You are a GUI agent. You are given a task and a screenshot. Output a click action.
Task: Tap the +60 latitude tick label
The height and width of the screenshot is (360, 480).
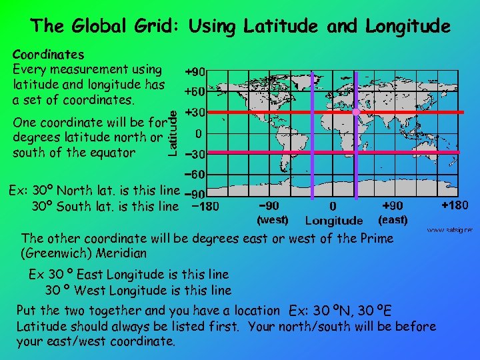(195, 91)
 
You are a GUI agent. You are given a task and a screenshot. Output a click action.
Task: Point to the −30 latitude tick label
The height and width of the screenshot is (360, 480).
(195, 154)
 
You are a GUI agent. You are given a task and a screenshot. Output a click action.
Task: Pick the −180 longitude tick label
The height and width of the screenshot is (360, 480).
(203, 207)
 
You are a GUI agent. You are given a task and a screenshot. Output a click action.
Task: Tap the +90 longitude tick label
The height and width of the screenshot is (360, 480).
(391, 207)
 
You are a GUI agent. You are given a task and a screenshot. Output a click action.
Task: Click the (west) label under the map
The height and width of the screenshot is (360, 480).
(272, 219)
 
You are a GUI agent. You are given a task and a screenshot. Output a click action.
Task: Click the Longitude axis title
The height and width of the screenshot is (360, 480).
(333, 221)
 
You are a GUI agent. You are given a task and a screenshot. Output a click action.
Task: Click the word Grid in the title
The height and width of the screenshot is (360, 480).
(155, 26)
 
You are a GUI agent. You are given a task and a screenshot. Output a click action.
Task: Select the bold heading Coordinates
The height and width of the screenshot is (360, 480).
(49, 54)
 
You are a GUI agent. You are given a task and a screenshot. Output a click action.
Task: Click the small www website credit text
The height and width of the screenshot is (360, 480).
(450, 230)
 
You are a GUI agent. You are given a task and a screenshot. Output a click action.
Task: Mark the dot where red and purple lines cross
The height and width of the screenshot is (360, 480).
(355, 112)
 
